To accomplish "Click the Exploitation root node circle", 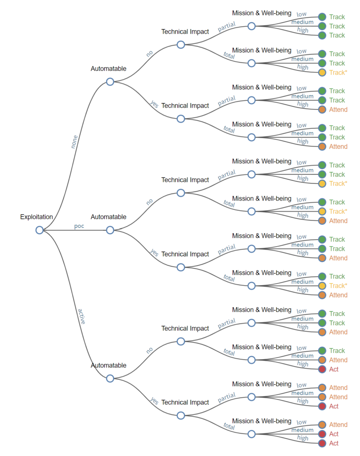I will [39, 230].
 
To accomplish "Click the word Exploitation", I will [36, 217].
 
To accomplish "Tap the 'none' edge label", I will [74, 142].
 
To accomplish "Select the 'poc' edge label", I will [79, 226].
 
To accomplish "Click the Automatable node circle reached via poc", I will [110, 230].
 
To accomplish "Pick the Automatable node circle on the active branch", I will [110, 378].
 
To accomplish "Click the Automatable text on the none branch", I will [108, 69].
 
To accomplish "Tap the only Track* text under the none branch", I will [337, 73].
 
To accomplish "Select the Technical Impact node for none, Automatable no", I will [181, 45].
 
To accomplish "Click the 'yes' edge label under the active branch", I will [154, 401].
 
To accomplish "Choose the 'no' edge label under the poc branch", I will [150, 201].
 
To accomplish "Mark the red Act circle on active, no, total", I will [322, 369].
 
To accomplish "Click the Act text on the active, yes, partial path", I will [334, 406].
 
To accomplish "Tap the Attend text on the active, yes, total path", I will [338, 425].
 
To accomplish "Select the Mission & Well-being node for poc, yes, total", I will [252, 286].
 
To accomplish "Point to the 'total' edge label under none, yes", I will [229, 130].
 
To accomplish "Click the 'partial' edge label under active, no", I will [226, 324].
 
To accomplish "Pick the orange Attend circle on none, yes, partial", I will [322, 109].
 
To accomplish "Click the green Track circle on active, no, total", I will [322, 351].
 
